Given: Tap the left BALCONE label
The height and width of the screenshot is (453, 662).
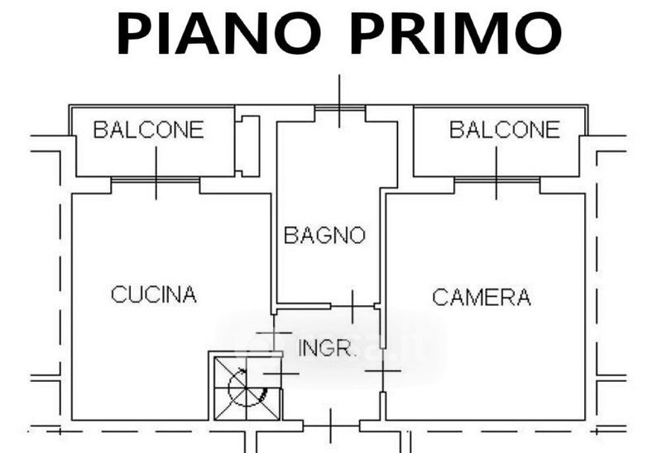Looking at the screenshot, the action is (x=148, y=130).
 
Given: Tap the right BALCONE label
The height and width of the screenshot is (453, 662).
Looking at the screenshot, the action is (x=505, y=130).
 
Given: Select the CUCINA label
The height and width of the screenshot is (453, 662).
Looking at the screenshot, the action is (x=154, y=293).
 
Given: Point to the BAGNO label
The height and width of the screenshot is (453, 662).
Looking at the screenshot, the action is (x=324, y=236).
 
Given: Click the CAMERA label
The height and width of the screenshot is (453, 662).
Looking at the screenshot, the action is (x=482, y=297).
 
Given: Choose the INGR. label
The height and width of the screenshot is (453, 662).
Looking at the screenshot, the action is (x=327, y=348).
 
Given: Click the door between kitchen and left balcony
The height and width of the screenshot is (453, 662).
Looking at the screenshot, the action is (x=156, y=179).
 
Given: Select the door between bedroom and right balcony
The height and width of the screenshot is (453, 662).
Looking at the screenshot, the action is (x=496, y=179).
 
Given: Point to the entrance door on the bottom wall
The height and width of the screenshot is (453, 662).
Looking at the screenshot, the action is (x=330, y=425).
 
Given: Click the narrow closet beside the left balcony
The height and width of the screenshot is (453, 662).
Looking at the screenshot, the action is (x=247, y=145).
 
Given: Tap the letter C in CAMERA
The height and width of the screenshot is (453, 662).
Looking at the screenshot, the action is (x=439, y=297).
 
